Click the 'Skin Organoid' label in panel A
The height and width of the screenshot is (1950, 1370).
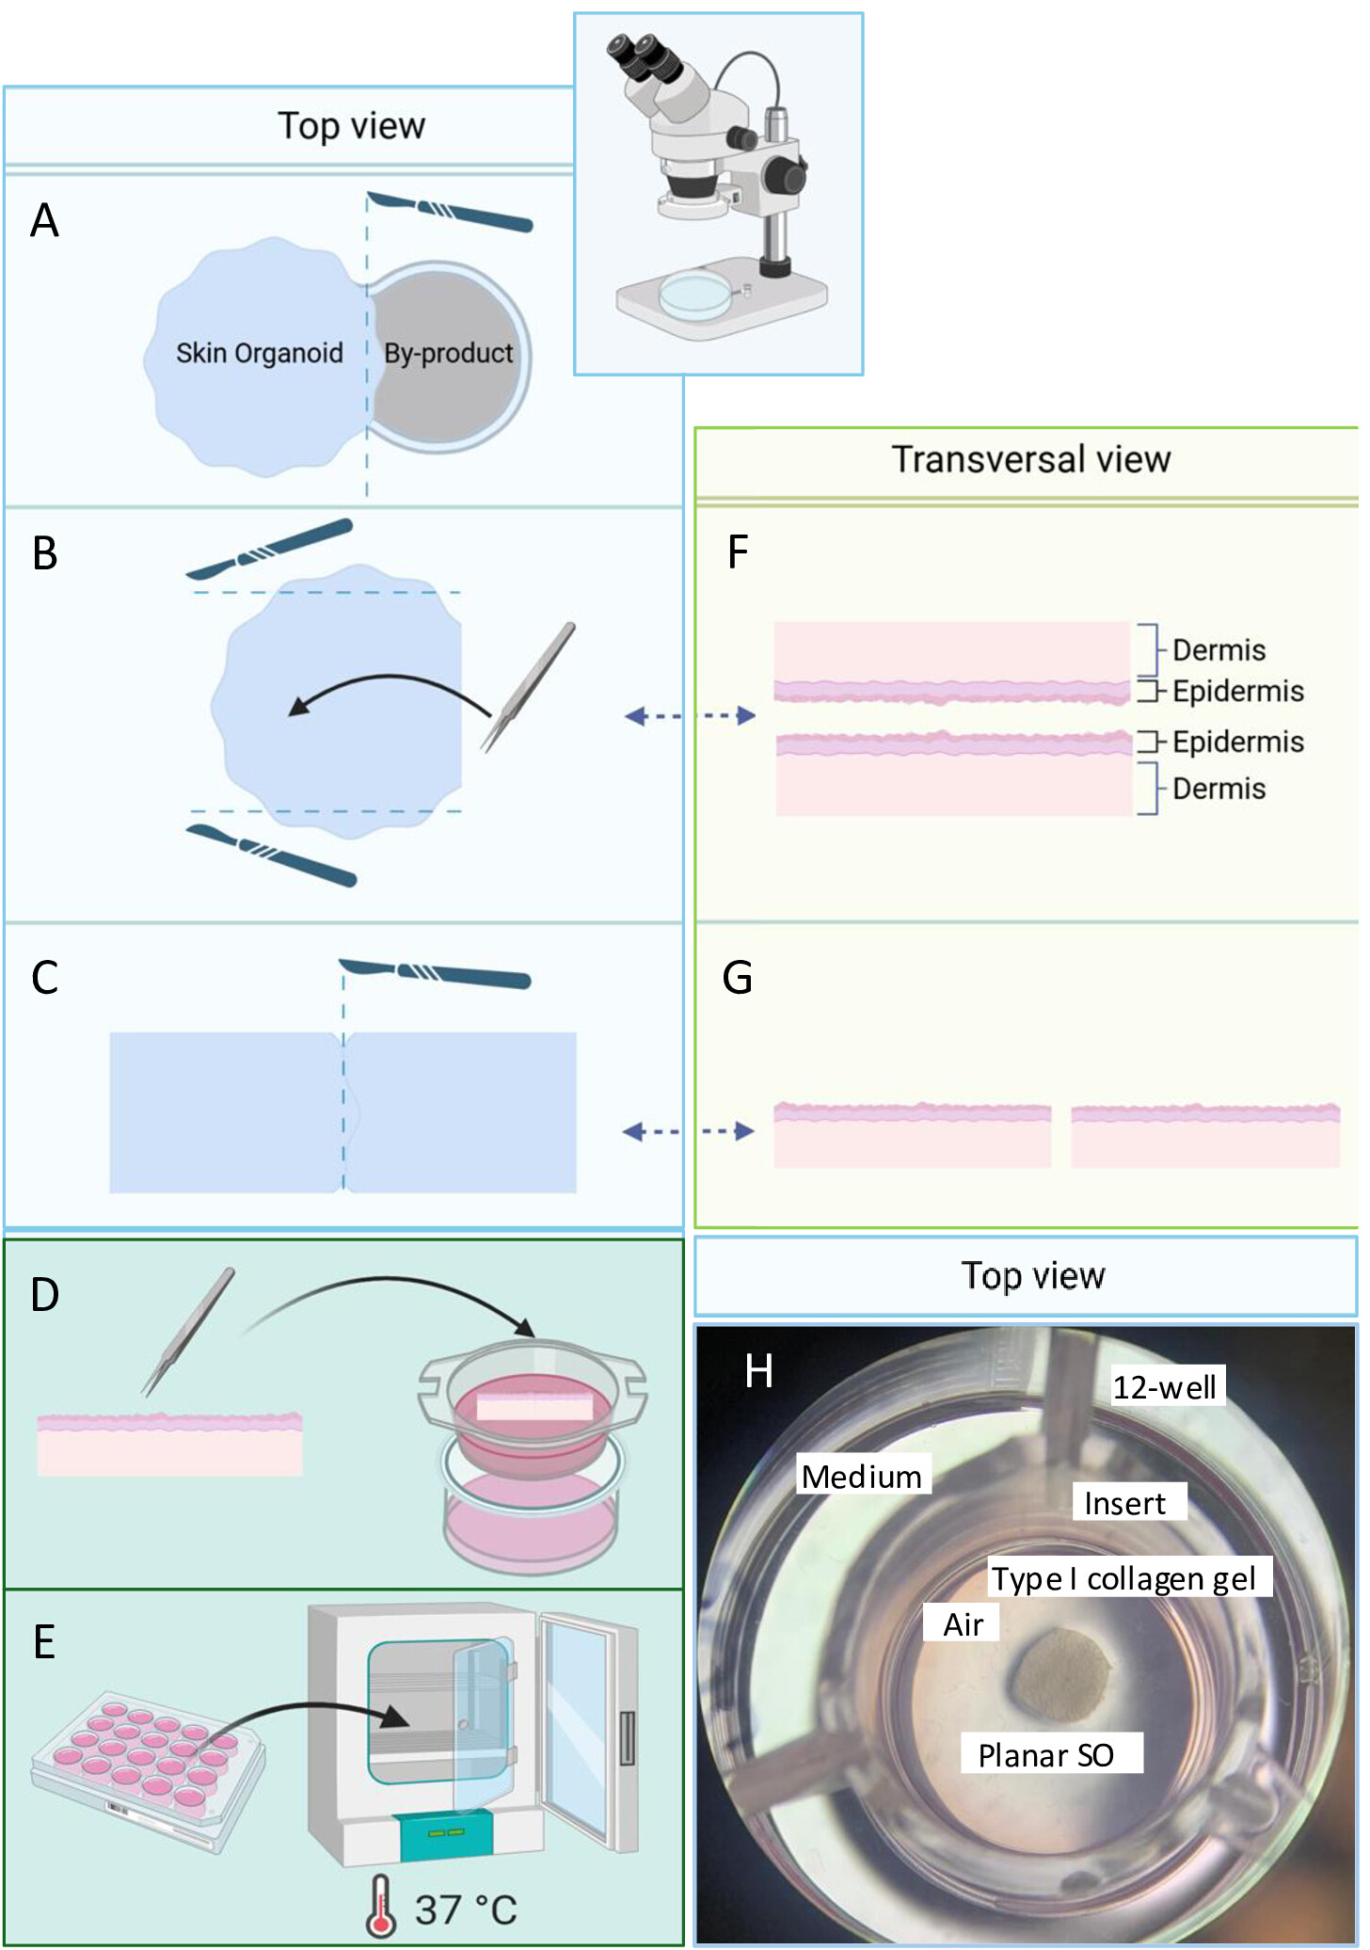[259, 353]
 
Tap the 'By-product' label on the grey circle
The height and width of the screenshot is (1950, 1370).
[448, 353]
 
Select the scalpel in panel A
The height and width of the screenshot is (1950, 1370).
[450, 211]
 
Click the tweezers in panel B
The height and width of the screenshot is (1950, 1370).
[528, 687]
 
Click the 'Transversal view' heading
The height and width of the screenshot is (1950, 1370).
[1030, 459]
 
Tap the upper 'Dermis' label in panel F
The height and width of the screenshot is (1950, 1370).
[1219, 650]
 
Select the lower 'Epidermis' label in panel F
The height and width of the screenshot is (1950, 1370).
[1237, 742]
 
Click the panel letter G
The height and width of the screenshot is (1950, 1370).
[737, 978]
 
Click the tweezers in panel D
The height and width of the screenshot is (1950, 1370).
[187, 1331]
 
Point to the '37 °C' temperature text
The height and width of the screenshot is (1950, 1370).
[466, 1910]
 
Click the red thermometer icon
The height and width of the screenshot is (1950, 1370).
[380, 1905]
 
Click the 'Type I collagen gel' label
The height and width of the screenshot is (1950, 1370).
[1123, 1578]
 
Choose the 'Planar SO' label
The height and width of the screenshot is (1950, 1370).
[1045, 1755]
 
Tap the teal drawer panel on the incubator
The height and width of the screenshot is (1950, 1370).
[446, 1834]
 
